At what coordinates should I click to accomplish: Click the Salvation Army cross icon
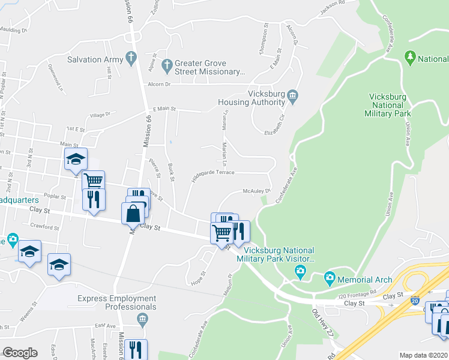click(x=129, y=59)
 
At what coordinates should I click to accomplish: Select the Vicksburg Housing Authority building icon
click(x=292, y=95)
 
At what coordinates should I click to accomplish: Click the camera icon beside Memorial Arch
click(x=329, y=279)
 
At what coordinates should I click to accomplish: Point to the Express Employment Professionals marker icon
click(x=142, y=318)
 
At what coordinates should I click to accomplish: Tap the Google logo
click(x=20, y=353)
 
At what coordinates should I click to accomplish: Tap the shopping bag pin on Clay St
click(x=132, y=214)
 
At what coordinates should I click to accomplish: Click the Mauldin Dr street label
click(x=14, y=29)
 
